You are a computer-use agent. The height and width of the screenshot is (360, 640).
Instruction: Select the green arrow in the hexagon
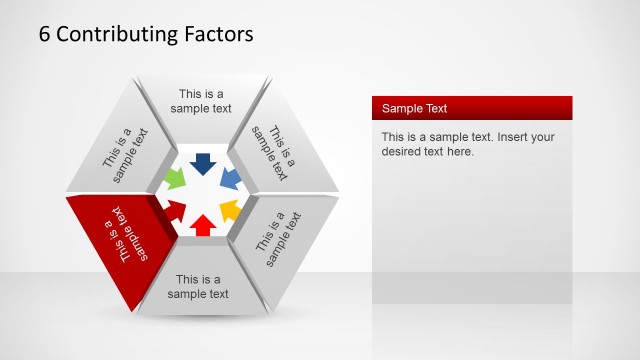coord(175,179)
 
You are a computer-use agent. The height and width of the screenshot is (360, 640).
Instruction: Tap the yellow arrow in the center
coord(229,210)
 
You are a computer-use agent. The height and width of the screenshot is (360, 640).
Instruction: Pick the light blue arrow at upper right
coord(230,179)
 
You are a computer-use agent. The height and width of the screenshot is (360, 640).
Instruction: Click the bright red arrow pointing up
coord(202,224)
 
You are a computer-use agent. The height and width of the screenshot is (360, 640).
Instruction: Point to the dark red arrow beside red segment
coord(176,210)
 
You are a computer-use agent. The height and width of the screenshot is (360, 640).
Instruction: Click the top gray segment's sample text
coord(201,102)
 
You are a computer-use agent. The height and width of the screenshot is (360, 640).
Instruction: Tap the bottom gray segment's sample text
coord(198,286)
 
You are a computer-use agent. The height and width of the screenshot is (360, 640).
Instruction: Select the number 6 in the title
coord(45,34)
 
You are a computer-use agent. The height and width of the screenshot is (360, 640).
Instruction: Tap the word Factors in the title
coord(218,34)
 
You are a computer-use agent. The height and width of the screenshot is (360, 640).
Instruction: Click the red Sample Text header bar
coord(471,108)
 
